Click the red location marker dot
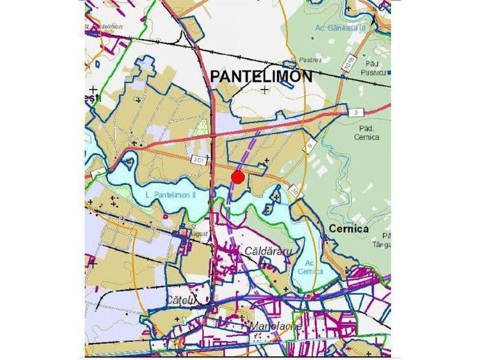238,177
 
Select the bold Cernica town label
350,228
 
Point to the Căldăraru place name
268,251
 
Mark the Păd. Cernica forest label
366,132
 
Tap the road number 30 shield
294,191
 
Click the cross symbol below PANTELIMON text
264,90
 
